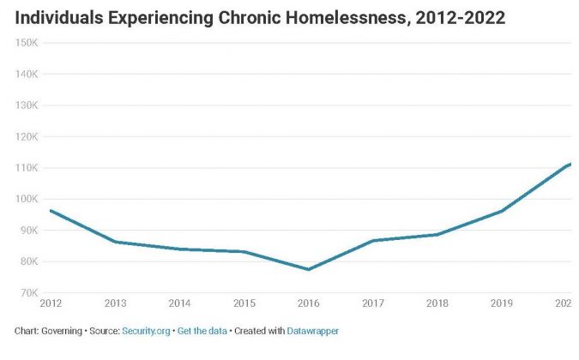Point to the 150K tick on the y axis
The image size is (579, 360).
click(27, 43)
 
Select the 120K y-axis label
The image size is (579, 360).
click(27, 136)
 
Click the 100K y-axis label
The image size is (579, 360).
click(27, 199)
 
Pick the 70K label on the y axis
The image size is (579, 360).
click(27, 293)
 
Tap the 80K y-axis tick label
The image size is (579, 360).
click(27, 261)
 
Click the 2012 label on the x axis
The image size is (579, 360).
click(51, 303)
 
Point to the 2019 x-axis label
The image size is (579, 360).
click(500, 303)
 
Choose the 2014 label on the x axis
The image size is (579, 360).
click(179, 303)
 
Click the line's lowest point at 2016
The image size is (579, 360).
click(307, 269)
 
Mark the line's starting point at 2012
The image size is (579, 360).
click(51, 210)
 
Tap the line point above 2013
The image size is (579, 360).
click(115, 242)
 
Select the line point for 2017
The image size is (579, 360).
click(372, 241)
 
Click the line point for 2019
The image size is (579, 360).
click(501, 211)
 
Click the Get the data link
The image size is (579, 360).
click(202, 330)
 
